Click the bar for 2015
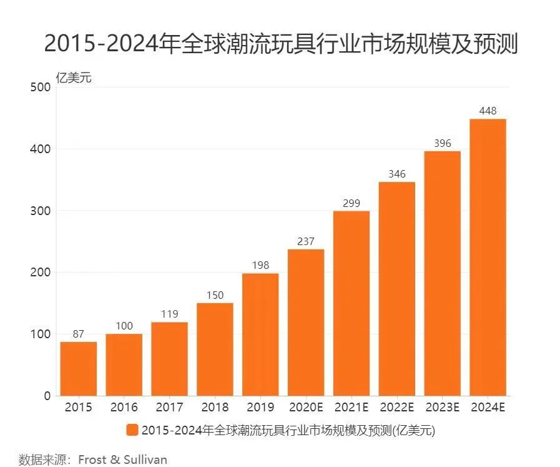(78, 369)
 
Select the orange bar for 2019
(260, 334)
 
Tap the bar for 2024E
(488, 257)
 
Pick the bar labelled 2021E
(351, 303)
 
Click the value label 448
(488, 111)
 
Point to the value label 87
(78, 334)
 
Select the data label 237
(306, 242)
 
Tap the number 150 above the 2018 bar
(215, 296)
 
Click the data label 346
(397, 174)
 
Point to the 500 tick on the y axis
(40, 88)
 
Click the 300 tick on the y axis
(40, 211)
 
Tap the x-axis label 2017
(169, 408)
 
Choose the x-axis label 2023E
(442, 408)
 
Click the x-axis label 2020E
(306, 408)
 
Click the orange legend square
(132, 430)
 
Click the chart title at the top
(280, 44)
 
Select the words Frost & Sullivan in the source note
(122, 459)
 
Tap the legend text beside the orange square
(288, 430)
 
